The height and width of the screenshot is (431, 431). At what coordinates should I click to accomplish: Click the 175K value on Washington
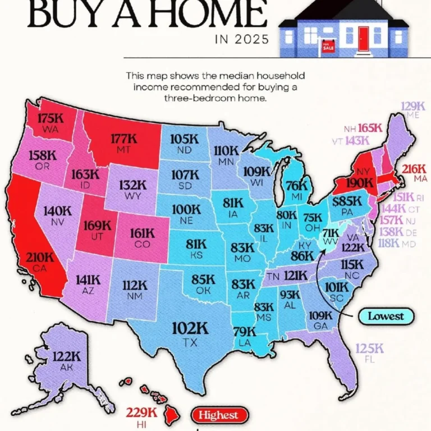(x=49, y=118)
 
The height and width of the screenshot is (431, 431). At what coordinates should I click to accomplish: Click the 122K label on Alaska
(x=67, y=356)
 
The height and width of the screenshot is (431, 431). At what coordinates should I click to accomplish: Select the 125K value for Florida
(x=369, y=349)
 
